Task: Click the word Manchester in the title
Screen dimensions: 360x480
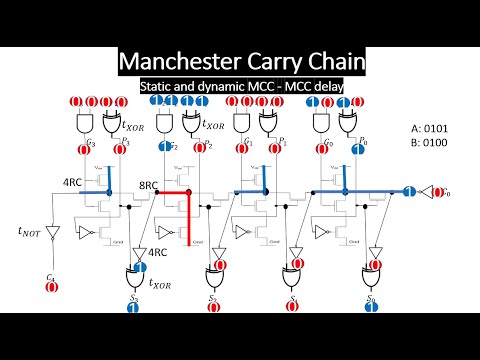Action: coord(180,62)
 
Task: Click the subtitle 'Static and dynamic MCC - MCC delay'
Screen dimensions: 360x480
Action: coord(239,87)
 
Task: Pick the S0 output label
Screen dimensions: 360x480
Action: coord(372,297)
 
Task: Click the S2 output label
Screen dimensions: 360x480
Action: coord(212,297)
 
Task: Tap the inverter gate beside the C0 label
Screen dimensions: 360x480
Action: coord(430,191)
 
